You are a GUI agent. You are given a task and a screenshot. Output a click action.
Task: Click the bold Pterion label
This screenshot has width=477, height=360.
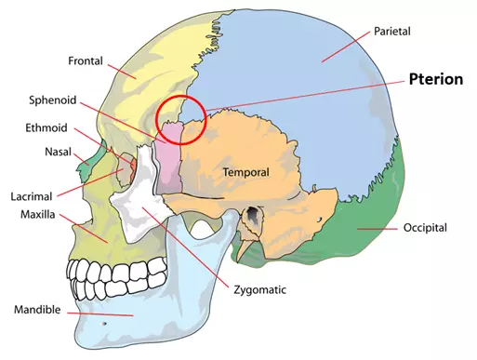tap(435, 79)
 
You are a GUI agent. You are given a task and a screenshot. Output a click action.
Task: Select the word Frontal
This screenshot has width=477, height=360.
tap(85, 61)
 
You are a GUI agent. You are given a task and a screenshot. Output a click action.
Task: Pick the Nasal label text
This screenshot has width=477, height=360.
tap(59, 152)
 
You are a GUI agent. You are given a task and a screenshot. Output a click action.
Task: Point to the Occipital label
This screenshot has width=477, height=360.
tap(425, 228)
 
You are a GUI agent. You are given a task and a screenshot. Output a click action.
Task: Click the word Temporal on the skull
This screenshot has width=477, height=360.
tap(245, 172)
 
